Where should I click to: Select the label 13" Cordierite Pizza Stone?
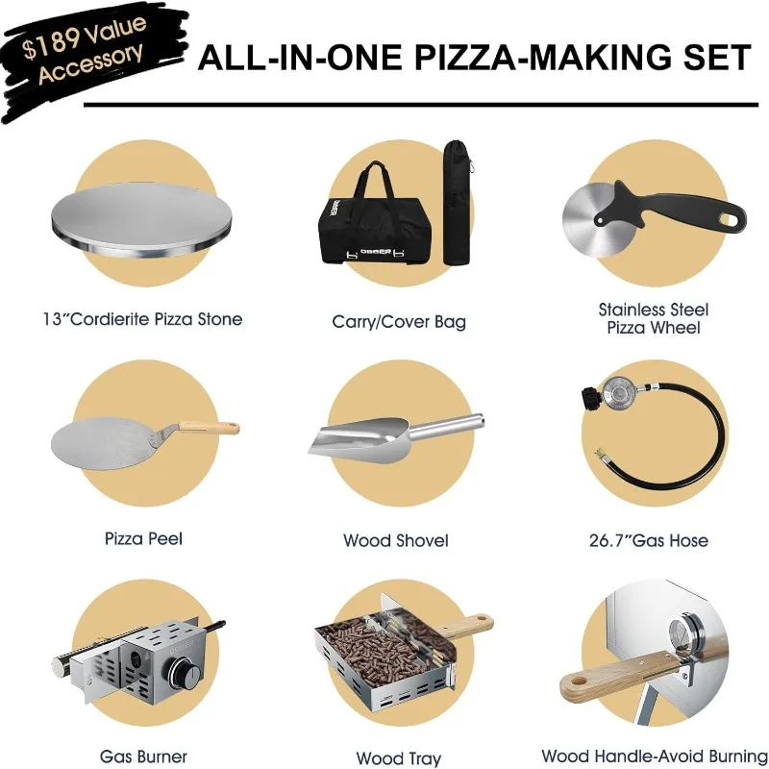pos(142,318)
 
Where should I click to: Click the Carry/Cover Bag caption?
pos(399,322)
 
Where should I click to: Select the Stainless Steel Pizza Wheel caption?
pos(654,318)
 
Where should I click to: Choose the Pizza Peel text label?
pos(143,538)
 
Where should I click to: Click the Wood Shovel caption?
pos(395,540)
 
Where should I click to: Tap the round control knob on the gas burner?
pos(185,671)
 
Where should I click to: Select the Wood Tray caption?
pos(398,758)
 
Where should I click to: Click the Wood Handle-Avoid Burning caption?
pos(655,757)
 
